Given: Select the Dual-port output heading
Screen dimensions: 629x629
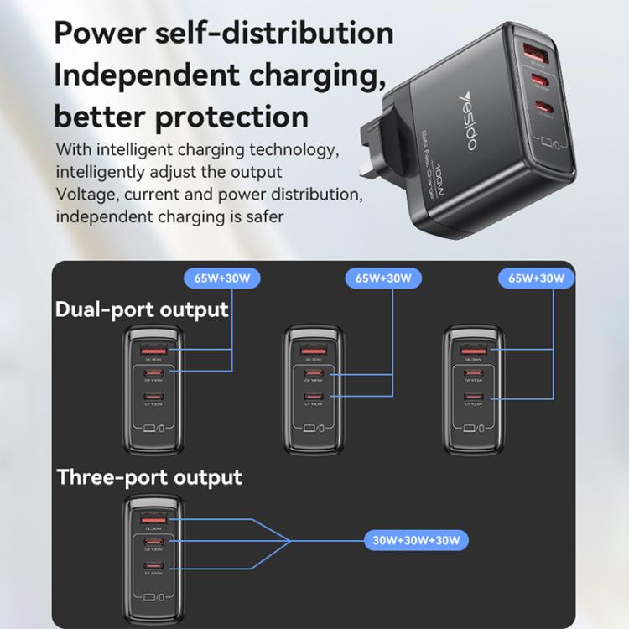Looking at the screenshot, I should coord(142,309).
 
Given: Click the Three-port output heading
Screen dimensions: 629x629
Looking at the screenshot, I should coord(149,477).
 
